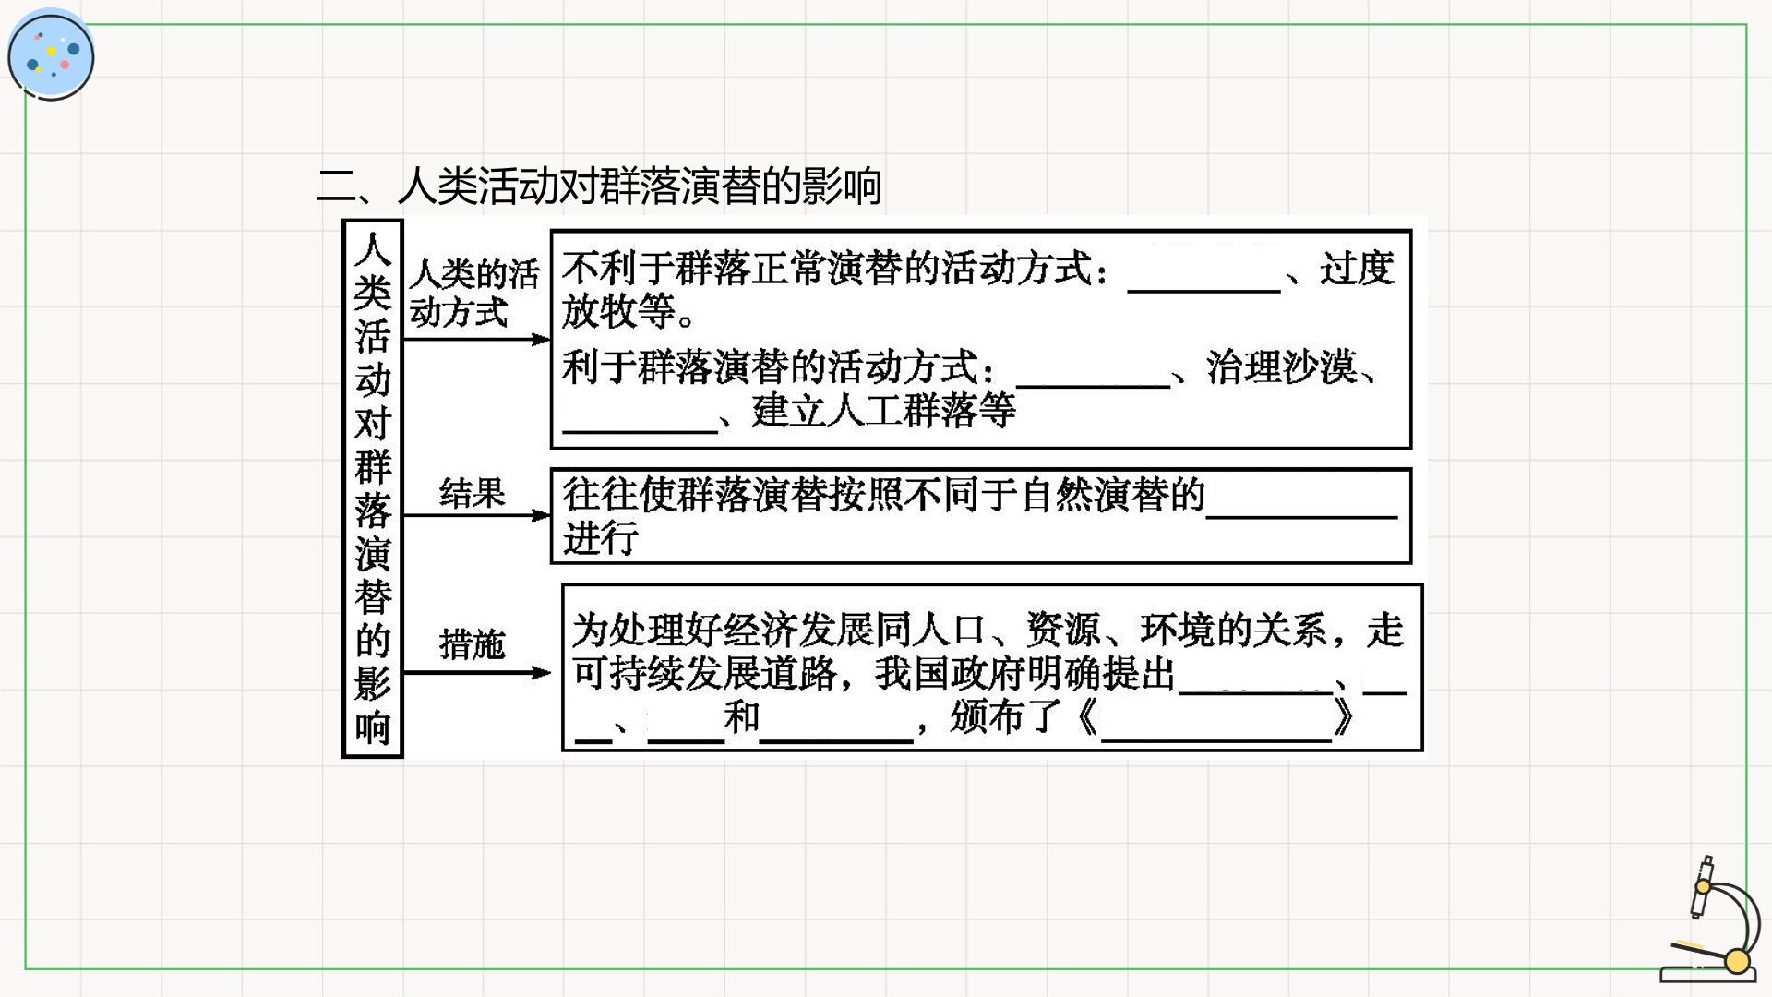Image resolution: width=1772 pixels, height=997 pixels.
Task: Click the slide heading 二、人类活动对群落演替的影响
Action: [599, 186]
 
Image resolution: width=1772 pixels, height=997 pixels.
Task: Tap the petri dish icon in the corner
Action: [51, 54]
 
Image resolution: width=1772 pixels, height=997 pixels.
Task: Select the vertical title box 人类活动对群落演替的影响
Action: [373, 488]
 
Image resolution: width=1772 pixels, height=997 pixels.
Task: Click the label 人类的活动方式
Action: [474, 293]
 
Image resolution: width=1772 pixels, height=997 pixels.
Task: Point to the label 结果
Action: [473, 493]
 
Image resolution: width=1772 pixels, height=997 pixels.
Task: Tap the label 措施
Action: [473, 643]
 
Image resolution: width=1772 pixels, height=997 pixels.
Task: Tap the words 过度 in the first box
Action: [1357, 269]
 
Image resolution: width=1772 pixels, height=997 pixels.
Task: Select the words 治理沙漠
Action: [1281, 366]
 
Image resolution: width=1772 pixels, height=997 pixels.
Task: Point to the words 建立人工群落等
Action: [883, 410]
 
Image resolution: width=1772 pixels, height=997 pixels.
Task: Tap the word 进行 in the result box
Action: [601, 537]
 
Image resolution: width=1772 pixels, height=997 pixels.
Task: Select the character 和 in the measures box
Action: [742, 717]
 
